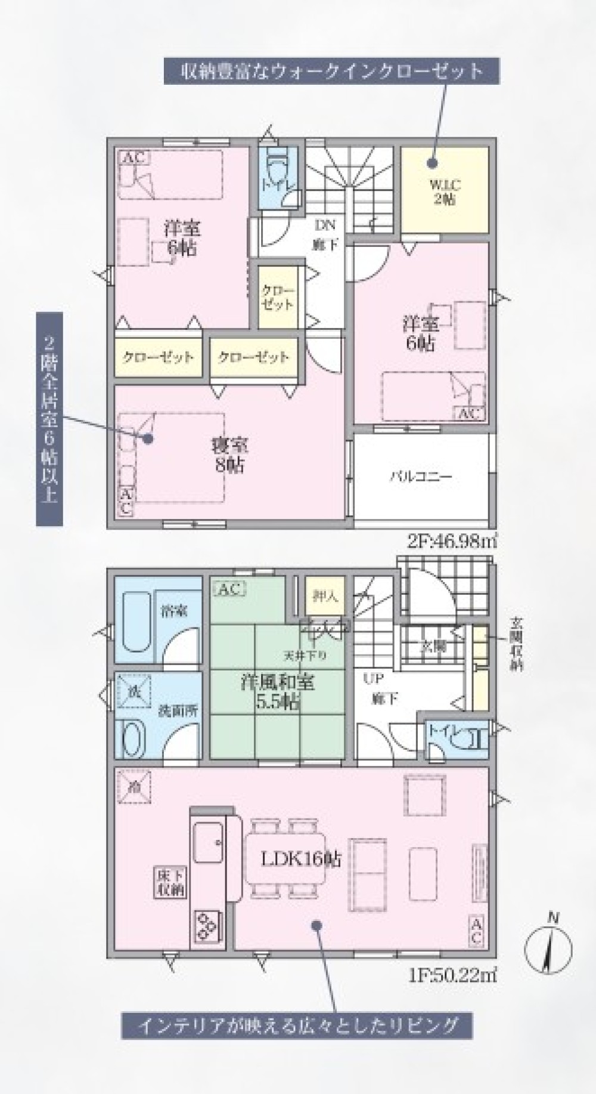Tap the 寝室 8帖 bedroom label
(x=229, y=455)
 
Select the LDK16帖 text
(x=300, y=859)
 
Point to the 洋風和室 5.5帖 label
(x=277, y=691)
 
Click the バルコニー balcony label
(x=421, y=477)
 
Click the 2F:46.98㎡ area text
(x=452, y=542)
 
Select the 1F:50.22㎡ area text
(x=453, y=975)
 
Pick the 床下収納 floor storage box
(x=170, y=883)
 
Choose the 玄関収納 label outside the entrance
(x=516, y=644)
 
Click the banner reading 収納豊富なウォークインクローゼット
(x=331, y=71)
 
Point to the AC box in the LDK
(x=477, y=931)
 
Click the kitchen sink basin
(x=207, y=841)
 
